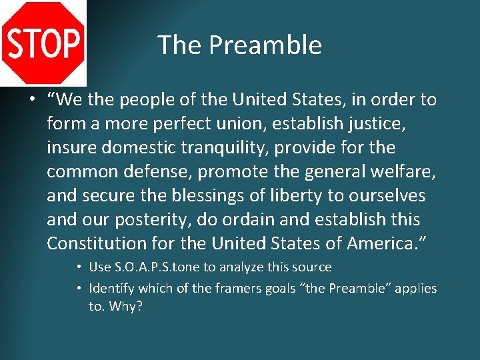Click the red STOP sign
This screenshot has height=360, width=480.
43,43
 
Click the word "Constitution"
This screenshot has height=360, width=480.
100,243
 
